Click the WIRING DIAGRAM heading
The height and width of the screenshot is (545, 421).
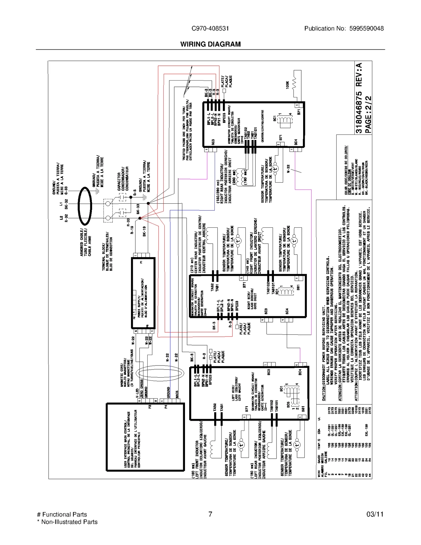click(210, 44)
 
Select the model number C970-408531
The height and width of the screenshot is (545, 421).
click(210, 28)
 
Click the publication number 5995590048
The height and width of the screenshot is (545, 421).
click(366, 28)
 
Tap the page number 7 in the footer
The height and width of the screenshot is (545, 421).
click(210, 514)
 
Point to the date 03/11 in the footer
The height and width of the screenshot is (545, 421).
click(375, 514)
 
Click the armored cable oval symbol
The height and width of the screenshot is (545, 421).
click(85, 206)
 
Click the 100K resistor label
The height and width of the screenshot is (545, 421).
click(287, 85)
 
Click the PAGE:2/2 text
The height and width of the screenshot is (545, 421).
click(368, 114)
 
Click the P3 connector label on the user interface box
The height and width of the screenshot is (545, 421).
click(150, 407)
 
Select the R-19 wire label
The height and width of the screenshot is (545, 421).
click(132, 230)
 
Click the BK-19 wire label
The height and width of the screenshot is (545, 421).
click(144, 232)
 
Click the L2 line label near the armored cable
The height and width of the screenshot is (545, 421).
click(61, 218)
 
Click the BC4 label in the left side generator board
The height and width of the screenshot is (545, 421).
click(300, 372)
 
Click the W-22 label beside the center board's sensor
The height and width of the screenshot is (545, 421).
click(288, 169)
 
